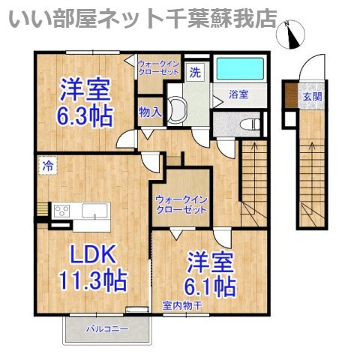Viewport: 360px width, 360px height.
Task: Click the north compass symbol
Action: tap(291, 34)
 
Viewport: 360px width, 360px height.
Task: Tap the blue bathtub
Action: tap(240, 68)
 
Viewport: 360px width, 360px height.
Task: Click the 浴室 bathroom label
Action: tap(238, 94)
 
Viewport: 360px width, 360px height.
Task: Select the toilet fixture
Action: tap(250, 124)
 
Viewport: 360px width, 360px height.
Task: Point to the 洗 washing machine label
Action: tap(195, 73)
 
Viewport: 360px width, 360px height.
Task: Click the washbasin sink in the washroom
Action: tap(177, 110)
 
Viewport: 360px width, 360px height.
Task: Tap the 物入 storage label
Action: tap(150, 112)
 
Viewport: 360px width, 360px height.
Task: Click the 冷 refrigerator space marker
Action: tap(48, 166)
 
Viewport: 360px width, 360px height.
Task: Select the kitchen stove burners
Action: tap(61, 211)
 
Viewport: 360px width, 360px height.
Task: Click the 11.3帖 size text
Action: tap(92, 280)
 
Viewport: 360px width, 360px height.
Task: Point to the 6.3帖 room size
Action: tap(85, 115)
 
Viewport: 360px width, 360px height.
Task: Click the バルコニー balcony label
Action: tap(107, 328)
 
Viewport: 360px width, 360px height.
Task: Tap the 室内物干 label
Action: tap(182, 305)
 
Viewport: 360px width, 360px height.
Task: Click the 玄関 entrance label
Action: tap(312, 97)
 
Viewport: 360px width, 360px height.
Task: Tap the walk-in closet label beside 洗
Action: tap(159, 67)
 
